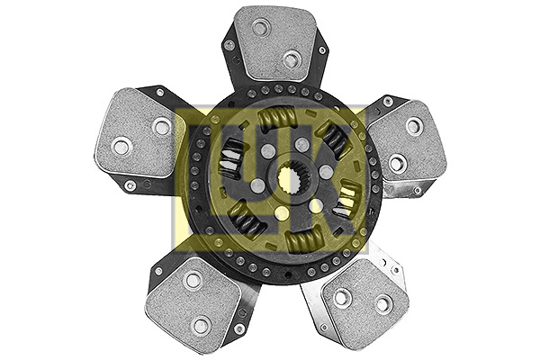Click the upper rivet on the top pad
tap(260, 28)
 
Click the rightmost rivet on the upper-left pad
tap(162, 127)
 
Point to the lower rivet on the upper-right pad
tap(396, 163)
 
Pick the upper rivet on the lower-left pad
tap(192, 280)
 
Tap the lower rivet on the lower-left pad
tap(202, 324)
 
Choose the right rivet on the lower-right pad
tap(384, 304)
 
